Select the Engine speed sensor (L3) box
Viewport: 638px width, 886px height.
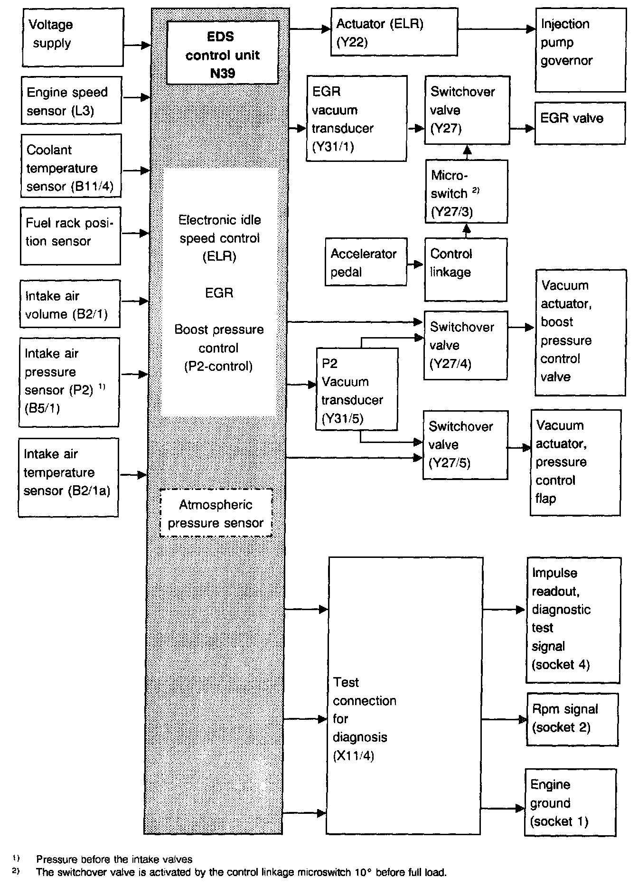point(71,100)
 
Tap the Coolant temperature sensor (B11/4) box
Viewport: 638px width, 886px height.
point(71,166)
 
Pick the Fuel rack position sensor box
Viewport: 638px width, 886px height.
point(70,236)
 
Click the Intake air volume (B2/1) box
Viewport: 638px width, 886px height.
point(70,304)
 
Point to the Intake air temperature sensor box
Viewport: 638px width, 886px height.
point(69,477)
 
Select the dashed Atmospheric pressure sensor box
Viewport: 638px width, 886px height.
point(216,513)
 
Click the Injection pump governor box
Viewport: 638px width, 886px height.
point(580,49)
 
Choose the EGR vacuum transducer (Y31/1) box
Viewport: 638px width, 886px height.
point(357,118)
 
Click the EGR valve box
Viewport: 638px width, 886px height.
point(580,123)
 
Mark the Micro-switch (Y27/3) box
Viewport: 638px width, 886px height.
point(466,191)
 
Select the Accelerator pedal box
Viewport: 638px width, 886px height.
point(366,262)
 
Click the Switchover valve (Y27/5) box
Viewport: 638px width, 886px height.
point(465,445)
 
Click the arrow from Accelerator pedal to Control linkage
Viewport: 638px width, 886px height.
point(415,264)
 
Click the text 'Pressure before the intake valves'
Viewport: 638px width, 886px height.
point(114,859)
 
